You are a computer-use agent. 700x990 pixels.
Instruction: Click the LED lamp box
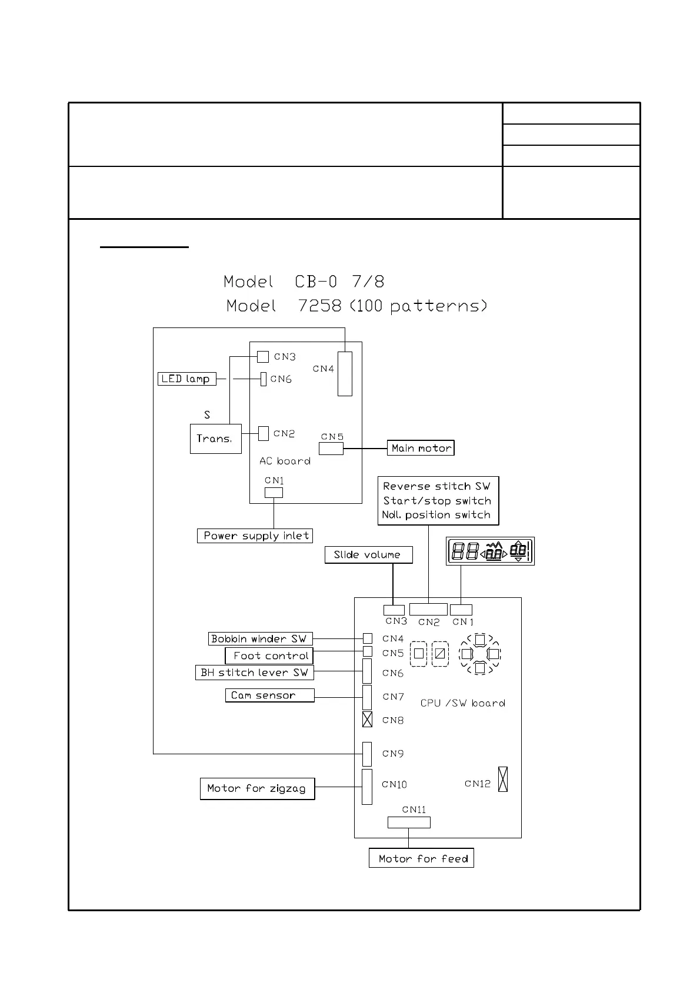click(x=186, y=379)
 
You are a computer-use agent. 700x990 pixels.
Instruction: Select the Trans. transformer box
click(x=215, y=439)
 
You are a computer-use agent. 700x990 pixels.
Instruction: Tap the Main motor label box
click(x=421, y=448)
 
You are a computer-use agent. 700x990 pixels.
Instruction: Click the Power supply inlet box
click(x=255, y=536)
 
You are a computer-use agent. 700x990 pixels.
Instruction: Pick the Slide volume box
click(x=368, y=554)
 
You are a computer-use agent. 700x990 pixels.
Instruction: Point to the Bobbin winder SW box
click(x=260, y=638)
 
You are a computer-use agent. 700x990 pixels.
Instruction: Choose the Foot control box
click(x=269, y=655)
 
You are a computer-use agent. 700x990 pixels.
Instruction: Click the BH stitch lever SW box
click(x=254, y=673)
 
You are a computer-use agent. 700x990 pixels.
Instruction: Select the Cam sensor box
click(x=269, y=695)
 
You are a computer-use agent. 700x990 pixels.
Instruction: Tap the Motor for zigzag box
click(x=257, y=788)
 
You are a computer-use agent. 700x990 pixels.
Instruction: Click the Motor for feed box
click(x=421, y=858)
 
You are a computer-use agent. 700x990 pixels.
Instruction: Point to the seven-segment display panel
click(x=490, y=551)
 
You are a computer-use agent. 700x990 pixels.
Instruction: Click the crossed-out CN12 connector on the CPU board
click(x=502, y=779)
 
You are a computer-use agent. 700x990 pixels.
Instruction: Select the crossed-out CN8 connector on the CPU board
click(x=367, y=719)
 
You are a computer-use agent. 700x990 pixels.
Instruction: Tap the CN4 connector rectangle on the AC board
click(x=345, y=374)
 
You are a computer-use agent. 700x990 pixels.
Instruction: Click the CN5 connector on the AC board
click(x=331, y=449)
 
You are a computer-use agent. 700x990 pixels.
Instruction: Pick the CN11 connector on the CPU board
click(x=409, y=822)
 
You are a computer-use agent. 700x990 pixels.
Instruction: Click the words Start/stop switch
click(x=437, y=501)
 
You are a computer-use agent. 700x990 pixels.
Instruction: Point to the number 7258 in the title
click(x=320, y=306)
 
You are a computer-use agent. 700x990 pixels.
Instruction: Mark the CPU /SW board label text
click(x=462, y=703)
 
